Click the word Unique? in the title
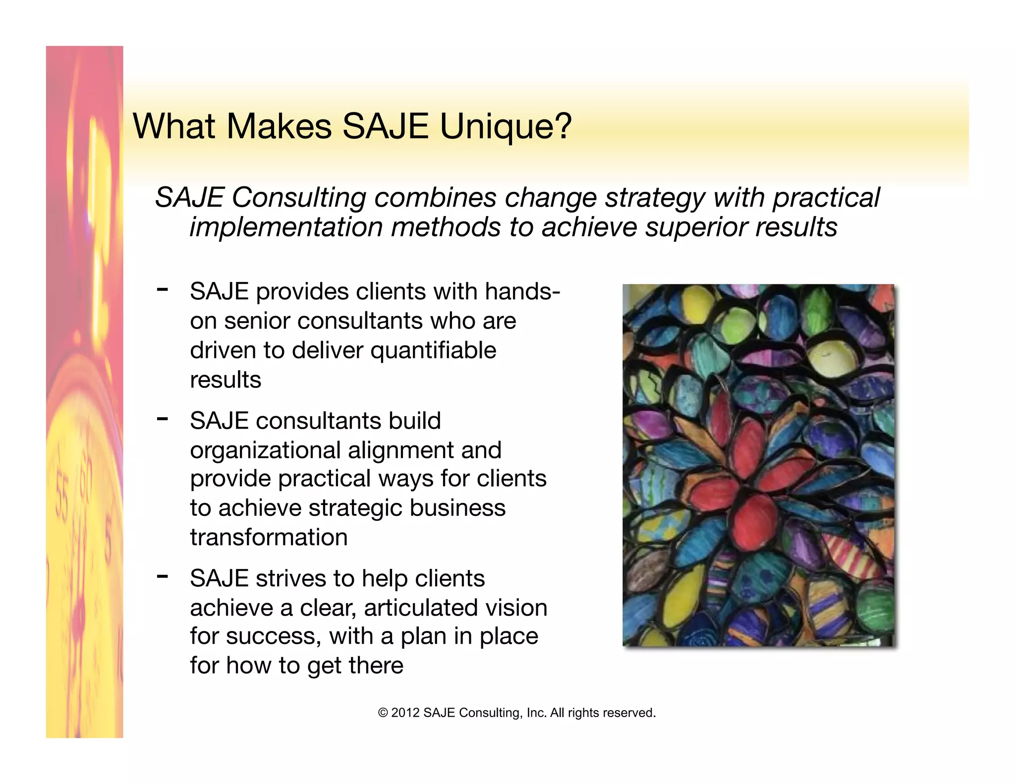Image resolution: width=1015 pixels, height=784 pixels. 506,127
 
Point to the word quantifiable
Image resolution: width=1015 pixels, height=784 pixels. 433,351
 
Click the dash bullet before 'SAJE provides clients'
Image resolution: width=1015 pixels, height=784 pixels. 162,289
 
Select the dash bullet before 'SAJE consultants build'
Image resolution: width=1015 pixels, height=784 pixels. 162,419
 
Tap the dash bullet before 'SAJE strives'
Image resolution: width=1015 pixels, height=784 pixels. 162,576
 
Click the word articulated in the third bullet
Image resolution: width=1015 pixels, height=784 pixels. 428,608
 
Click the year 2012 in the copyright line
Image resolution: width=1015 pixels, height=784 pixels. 405,713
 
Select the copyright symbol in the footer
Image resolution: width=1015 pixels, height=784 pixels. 383,713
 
